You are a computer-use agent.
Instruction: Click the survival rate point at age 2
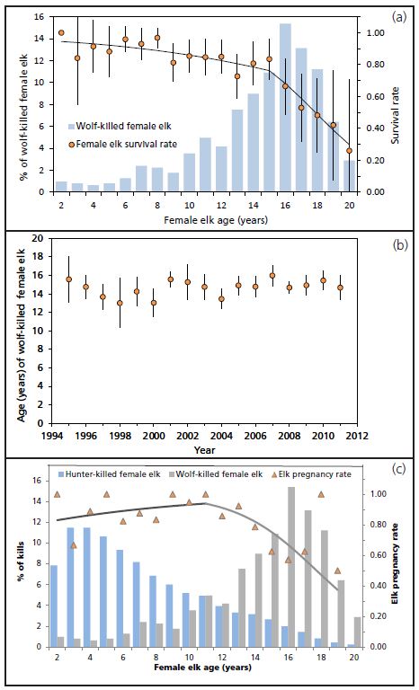point(61,33)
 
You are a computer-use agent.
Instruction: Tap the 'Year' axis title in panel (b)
point(205,448)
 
